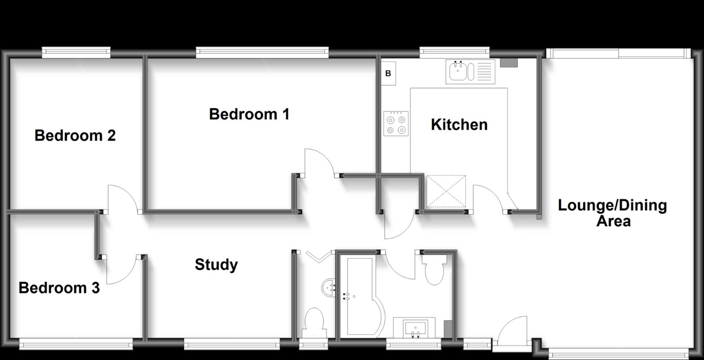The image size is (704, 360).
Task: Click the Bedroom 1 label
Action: point(249,114)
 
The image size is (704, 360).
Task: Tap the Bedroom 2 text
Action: point(75,135)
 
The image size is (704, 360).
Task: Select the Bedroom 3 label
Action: point(59,288)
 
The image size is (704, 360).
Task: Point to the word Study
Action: point(216,265)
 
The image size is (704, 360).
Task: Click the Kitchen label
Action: point(459,125)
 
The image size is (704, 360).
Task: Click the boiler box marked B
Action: point(388,73)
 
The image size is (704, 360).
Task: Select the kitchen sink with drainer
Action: point(470,72)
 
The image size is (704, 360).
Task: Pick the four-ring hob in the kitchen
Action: point(396,124)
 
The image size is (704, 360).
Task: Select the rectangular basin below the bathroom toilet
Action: point(414,327)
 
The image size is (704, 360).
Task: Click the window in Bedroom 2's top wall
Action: point(76,53)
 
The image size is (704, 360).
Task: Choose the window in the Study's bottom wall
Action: point(230,345)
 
